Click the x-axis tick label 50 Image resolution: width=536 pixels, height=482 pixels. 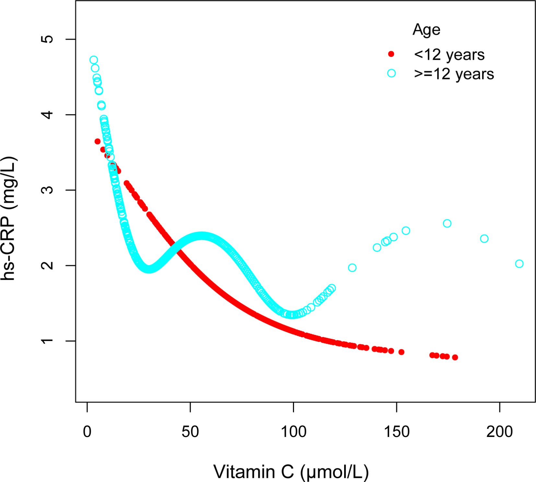190,432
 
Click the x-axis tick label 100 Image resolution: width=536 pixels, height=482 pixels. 293,432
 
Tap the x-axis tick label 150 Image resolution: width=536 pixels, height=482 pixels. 396,432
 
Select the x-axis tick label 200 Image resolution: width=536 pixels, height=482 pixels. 499,432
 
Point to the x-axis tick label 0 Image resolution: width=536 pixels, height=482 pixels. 87,432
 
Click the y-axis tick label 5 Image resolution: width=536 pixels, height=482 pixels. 47,39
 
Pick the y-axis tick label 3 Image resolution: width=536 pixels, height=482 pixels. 47,190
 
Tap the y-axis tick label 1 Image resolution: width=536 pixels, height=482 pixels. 47,341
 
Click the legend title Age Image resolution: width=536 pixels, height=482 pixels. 426,30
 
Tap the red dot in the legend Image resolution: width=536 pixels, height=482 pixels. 391,54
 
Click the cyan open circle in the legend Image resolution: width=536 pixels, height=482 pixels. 391,73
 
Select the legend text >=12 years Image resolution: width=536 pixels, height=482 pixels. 454,74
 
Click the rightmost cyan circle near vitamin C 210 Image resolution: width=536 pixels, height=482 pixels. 519,264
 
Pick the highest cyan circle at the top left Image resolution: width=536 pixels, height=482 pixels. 94,60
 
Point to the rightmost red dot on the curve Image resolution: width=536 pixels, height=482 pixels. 455,357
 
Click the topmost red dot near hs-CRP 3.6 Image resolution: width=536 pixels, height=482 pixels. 98,141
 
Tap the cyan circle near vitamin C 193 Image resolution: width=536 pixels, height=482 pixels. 484,239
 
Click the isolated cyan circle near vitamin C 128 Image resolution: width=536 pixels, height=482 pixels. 352,268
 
